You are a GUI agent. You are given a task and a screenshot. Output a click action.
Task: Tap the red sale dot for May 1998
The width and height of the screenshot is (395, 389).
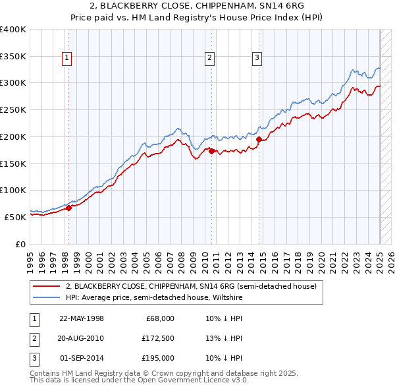click(68, 208)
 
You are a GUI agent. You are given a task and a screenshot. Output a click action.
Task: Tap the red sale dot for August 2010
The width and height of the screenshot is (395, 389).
click(211, 152)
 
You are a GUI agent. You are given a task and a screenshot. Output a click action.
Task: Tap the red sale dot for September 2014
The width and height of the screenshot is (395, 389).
click(259, 139)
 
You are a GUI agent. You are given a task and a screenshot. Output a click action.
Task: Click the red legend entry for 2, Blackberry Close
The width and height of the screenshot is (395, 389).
click(191, 286)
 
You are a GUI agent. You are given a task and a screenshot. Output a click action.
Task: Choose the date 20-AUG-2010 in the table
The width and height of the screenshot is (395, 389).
click(81, 338)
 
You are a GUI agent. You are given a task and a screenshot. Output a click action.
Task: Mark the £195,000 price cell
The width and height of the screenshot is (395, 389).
click(158, 358)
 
